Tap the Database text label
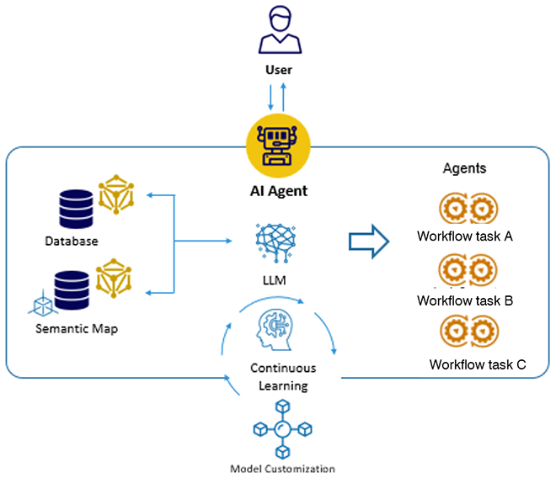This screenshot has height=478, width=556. pos(72,242)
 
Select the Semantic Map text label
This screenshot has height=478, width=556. pos(78,328)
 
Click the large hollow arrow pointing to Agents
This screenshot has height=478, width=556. pos(369,242)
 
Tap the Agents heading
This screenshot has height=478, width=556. pos(464,168)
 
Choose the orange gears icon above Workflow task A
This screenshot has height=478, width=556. pos(464,209)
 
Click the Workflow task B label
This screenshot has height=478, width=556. pos(465,300)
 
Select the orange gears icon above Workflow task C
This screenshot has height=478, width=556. pos(464,331)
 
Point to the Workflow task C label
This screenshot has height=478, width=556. pos(478,364)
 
